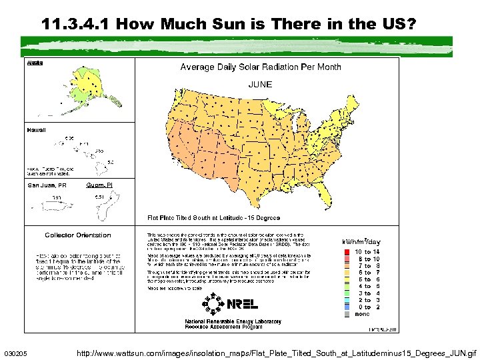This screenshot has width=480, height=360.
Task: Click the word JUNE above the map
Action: (260, 85)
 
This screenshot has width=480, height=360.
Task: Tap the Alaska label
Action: (35, 63)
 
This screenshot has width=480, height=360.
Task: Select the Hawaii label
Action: (37, 131)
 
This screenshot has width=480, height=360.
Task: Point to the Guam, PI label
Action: (99, 185)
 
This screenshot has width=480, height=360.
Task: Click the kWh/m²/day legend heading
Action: (361, 241)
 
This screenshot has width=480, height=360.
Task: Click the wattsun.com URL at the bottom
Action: (277, 351)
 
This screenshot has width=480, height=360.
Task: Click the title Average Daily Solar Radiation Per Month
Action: (261, 67)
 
